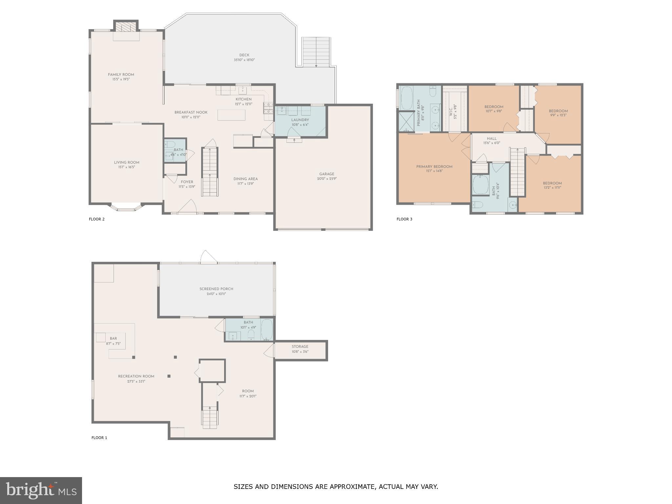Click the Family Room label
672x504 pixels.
tap(121, 74)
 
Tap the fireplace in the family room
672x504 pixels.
tap(126, 27)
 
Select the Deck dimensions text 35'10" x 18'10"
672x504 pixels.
tap(244, 60)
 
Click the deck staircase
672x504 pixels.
tap(316, 52)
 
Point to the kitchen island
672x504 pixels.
tap(231, 115)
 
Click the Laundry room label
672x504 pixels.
tap(300, 120)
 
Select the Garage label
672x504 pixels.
tap(326, 174)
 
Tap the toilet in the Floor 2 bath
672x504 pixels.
tap(170, 144)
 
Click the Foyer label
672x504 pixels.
tap(187, 182)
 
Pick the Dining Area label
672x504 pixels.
tap(245, 179)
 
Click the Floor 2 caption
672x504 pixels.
tap(96, 219)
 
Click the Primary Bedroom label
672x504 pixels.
tap(434, 167)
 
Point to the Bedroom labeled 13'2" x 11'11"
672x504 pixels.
tap(552, 183)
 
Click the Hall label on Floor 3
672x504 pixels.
tap(492, 138)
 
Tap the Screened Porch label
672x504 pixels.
tap(216, 289)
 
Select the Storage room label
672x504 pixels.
tap(300, 346)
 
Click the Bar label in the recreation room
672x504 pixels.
tap(113, 338)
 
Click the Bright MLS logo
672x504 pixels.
tap(41, 490)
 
